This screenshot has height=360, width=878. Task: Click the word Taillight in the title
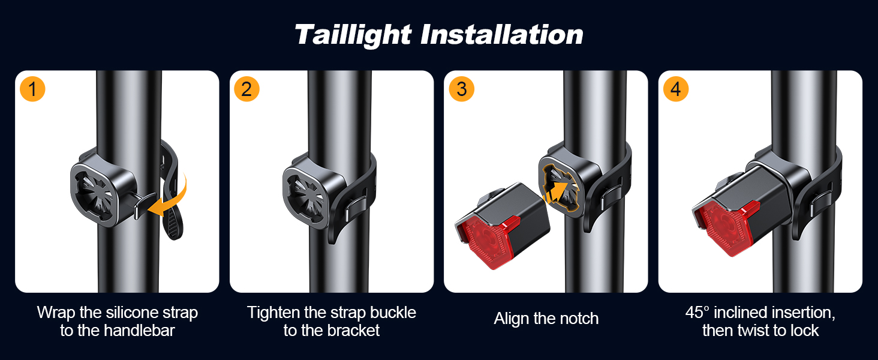pyautogui.click(x=353, y=35)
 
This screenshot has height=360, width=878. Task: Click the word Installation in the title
pyautogui.click(x=502, y=35)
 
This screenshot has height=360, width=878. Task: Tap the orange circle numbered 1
pyautogui.click(x=32, y=89)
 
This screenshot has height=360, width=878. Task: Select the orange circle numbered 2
pyautogui.click(x=246, y=89)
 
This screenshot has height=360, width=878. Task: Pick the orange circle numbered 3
pyautogui.click(x=461, y=89)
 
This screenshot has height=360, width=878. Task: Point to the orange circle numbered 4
pyautogui.click(x=676, y=89)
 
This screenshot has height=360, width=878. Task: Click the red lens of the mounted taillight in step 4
pyautogui.click(x=724, y=228)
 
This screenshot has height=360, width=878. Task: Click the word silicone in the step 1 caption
pyautogui.click(x=135, y=313)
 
